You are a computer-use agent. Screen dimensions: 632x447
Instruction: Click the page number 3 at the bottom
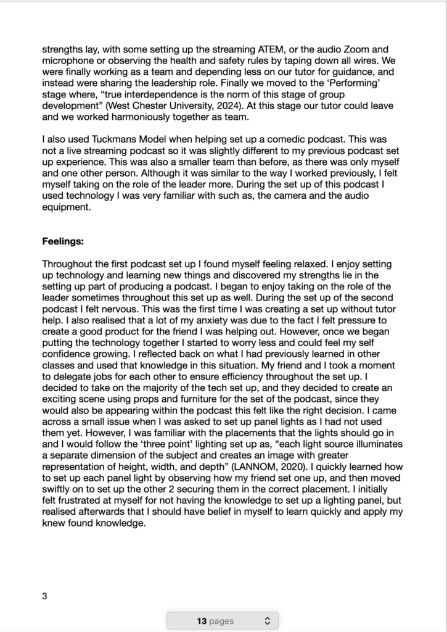pyautogui.click(x=44, y=596)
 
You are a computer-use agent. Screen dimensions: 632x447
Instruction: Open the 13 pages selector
pyautogui.click(x=222, y=621)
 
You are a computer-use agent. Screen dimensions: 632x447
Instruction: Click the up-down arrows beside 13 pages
pyautogui.click(x=267, y=621)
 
